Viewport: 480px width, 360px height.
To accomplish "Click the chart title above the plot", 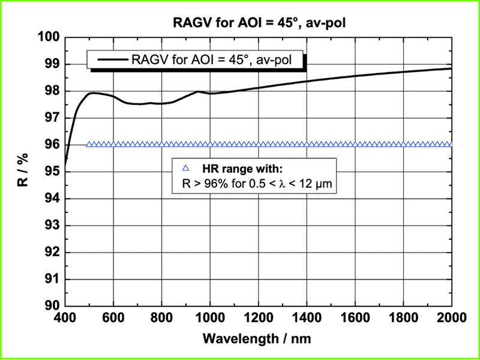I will coord(258,23).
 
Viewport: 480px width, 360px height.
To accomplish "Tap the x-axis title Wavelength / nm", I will coord(258,338).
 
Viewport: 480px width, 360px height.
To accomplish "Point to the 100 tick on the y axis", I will coord(50,37).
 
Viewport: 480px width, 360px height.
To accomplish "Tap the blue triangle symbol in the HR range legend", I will coord(185,169).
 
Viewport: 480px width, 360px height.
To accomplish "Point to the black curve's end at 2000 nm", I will coord(451,68).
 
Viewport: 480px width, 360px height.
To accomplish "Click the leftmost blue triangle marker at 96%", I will coord(89,145).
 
